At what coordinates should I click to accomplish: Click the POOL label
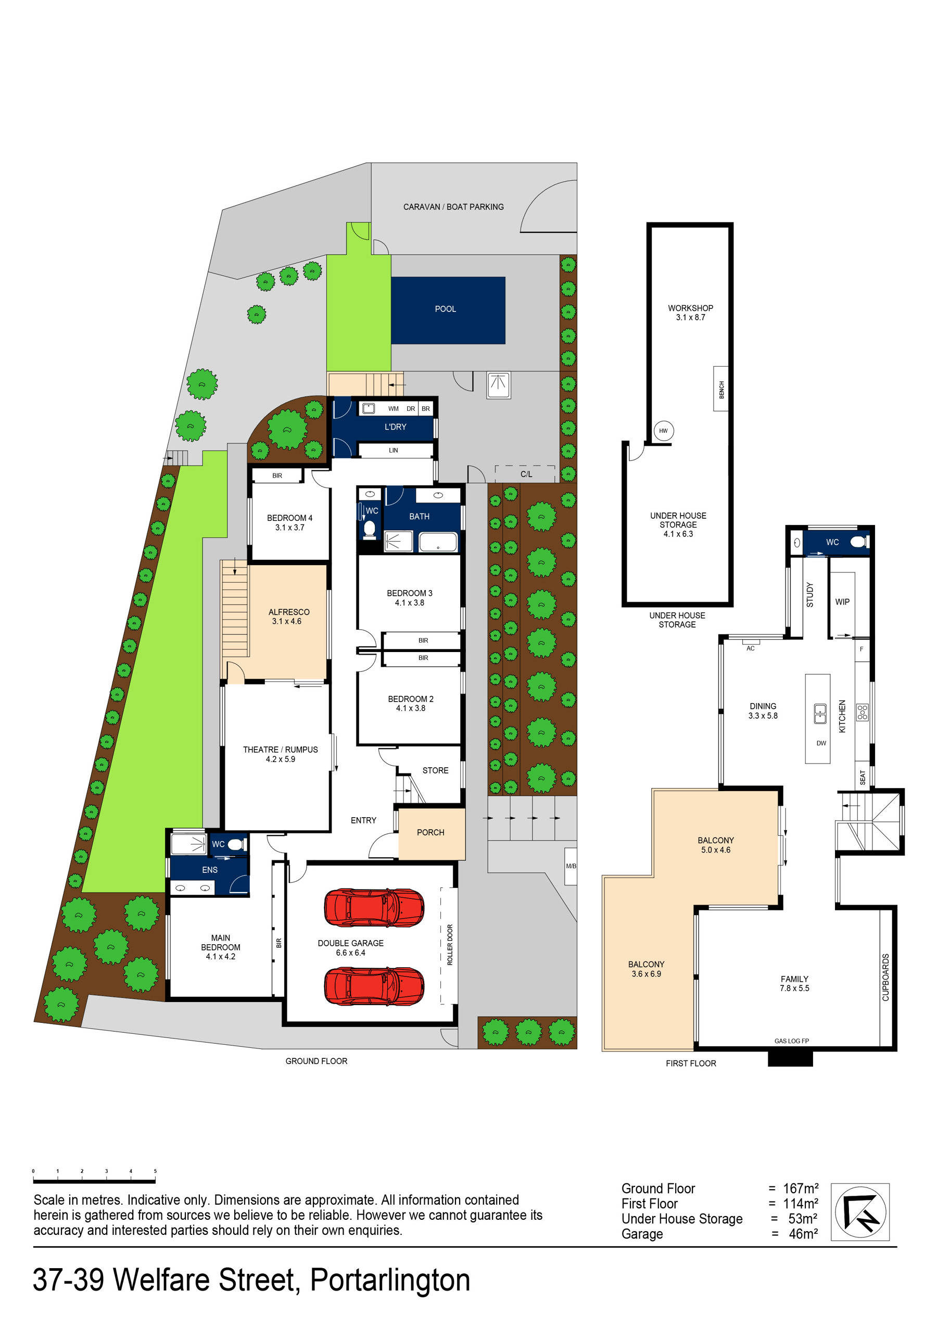pyautogui.click(x=445, y=309)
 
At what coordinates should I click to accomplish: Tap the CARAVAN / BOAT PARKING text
pyautogui.click(x=453, y=207)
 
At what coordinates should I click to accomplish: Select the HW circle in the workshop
pyautogui.click(x=663, y=430)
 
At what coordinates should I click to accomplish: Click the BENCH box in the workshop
pyautogui.click(x=721, y=389)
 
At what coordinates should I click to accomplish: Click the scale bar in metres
pyautogui.click(x=94, y=1182)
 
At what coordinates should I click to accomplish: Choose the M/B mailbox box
pyautogui.click(x=571, y=866)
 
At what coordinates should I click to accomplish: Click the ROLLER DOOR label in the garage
pyautogui.click(x=450, y=945)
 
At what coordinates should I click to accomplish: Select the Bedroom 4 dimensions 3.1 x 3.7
pyautogui.click(x=289, y=527)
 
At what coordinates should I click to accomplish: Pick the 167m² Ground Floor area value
pyautogui.click(x=800, y=1189)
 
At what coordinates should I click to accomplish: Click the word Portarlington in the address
pyautogui.click(x=390, y=1280)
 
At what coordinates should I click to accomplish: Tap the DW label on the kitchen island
pyautogui.click(x=821, y=743)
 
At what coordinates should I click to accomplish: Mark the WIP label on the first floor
pyautogui.click(x=842, y=602)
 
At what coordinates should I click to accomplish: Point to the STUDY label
pyautogui.click(x=809, y=595)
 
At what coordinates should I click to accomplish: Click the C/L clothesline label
pyautogui.click(x=526, y=474)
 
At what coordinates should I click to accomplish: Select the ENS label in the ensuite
pyautogui.click(x=210, y=870)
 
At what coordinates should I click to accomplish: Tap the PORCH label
pyautogui.click(x=430, y=832)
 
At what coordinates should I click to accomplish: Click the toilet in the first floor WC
pyautogui.click(x=859, y=542)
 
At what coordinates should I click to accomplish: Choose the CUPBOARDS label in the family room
pyautogui.click(x=885, y=977)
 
